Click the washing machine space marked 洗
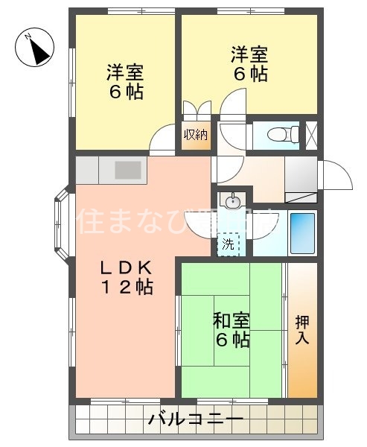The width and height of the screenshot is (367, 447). tap(229, 244)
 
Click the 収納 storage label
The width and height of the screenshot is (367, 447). tap(197, 136)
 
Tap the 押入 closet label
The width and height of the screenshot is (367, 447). tap(303, 330)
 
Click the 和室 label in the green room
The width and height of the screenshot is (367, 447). tap(232, 321)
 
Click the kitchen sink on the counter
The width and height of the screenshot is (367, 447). tap(129, 170)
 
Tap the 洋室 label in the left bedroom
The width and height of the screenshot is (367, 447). tap(125, 73)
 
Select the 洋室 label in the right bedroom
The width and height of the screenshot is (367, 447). tap(249, 54)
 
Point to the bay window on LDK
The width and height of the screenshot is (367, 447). tap(63, 221)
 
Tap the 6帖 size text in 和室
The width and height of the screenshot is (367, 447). tap(232, 340)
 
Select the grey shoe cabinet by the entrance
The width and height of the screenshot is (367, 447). tap(301, 177)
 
